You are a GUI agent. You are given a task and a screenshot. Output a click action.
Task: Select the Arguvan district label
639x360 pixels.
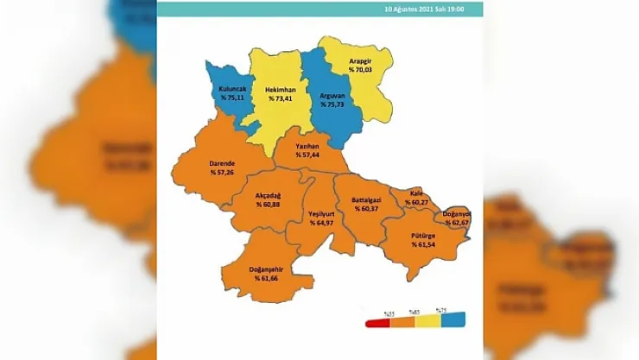tap(332, 94)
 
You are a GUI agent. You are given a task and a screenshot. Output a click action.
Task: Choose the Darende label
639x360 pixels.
tap(223, 163)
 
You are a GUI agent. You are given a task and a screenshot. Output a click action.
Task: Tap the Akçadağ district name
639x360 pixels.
tap(269, 195)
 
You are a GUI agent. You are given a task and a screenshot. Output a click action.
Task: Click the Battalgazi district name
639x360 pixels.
tap(368, 199)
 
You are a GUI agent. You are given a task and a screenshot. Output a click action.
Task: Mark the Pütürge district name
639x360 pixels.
tap(424, 235)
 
